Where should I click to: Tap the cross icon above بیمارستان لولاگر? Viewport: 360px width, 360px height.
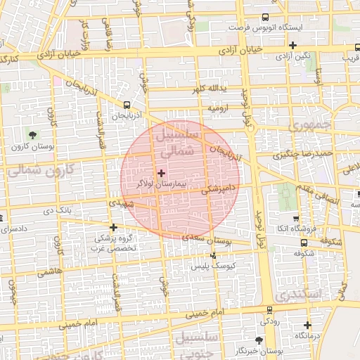[161, 172]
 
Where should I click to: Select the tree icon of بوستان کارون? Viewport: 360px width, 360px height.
[33, 134]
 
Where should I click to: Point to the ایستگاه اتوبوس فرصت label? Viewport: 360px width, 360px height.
[264, 27]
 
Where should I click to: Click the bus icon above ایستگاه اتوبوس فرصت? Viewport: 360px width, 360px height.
[265, 18]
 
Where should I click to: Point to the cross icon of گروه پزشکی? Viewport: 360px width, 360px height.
[113, 227]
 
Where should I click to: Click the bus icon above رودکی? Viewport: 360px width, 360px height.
[269, 310]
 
